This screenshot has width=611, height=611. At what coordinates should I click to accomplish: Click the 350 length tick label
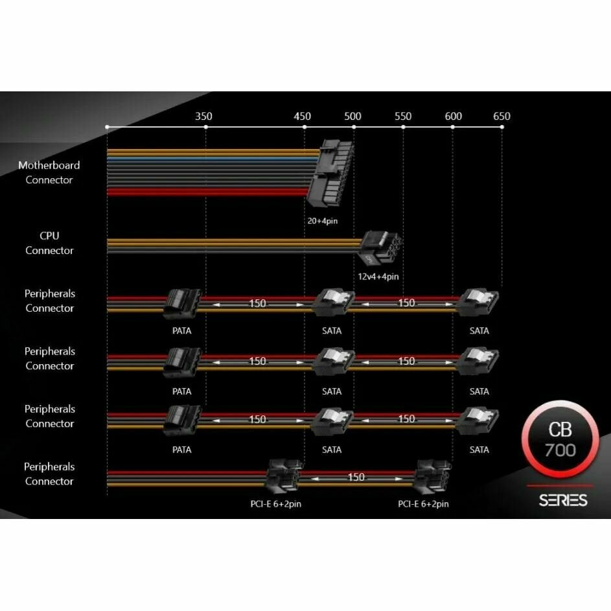pos(203,117)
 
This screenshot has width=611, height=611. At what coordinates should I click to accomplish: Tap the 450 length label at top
pos(302,117)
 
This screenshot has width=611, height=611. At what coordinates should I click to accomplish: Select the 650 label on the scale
pos(501,117)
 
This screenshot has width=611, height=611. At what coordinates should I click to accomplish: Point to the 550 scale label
pos(402,117)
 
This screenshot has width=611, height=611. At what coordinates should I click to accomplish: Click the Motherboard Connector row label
pos(49,172)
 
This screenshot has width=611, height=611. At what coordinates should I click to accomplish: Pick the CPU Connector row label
pos(49,243)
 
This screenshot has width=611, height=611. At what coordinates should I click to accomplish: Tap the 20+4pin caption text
pos(323,221)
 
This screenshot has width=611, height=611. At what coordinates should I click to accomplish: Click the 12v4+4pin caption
pos(378,277)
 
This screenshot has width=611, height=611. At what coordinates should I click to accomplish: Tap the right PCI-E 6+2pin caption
pos(423,504)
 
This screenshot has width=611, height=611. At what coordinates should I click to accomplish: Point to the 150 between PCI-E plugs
pos(356,478)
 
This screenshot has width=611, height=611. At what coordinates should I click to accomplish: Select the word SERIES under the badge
pos(563,500)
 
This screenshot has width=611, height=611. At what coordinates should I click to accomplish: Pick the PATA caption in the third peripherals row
pos(182,450)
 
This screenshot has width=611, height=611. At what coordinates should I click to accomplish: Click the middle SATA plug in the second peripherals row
pos(333,362)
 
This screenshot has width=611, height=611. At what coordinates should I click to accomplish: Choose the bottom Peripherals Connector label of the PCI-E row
pos(49,474)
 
